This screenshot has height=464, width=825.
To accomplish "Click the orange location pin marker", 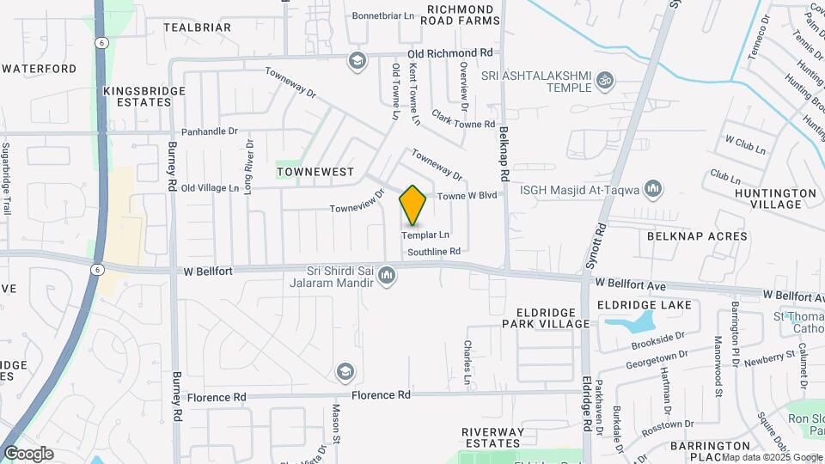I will click(413, 205).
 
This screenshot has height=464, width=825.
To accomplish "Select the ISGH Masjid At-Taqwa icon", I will click(653, 188).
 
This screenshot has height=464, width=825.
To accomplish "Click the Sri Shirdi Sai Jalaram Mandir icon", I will click(387, 276).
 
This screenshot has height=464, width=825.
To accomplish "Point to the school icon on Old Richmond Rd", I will click(356, 60).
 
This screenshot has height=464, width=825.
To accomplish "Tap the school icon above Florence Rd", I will click(345, 371).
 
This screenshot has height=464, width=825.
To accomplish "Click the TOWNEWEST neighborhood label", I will click(315, 172).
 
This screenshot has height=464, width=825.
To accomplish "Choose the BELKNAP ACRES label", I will click(685, 235).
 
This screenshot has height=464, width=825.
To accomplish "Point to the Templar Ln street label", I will click(427, 235).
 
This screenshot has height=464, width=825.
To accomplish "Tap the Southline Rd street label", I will click(434, 252).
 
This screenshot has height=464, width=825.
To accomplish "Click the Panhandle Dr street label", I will click(209, 131).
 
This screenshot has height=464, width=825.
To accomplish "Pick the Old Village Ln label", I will click(210, 188).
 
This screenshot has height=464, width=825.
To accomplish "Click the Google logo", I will click(28, 453).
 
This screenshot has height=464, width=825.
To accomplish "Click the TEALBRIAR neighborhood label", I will click(197, 27).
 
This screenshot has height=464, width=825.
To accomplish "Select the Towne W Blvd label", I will click(467, 196).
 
